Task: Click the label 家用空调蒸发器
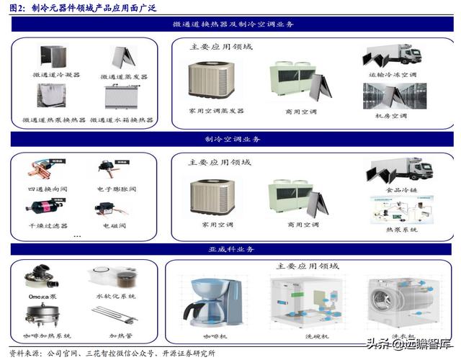tap(217, 111)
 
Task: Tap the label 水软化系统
tap(115, 297)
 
